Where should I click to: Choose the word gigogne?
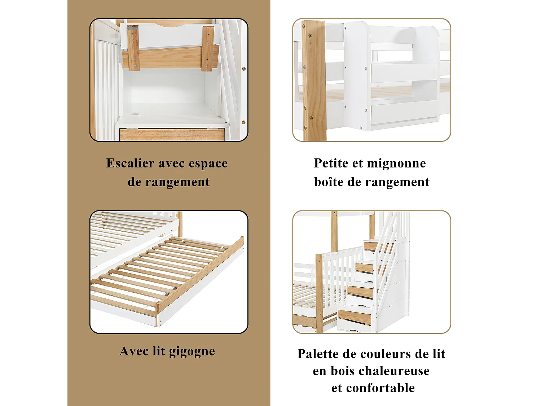192,352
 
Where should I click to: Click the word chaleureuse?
395,371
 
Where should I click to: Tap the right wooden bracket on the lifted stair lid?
208,48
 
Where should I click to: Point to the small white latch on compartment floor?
136,114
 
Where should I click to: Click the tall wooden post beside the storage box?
314,81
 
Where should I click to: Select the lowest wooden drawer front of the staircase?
355,317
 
